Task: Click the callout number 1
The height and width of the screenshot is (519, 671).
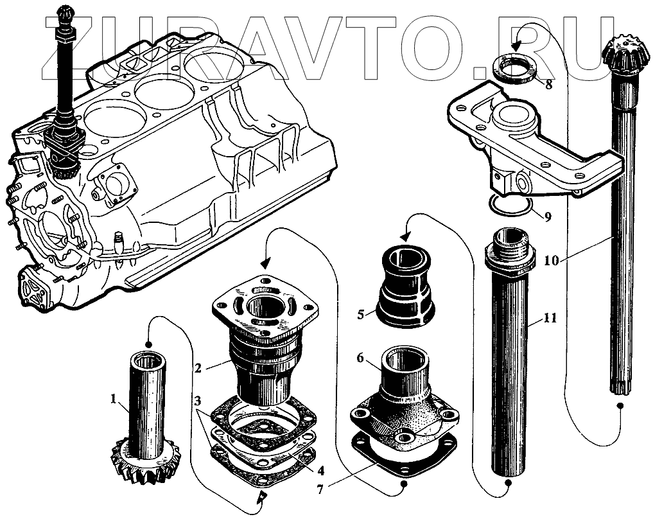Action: point(114,400)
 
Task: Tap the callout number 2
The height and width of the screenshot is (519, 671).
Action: point(198,367)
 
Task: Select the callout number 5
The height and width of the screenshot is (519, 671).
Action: point(361,315)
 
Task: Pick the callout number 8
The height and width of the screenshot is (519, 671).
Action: point(548,84)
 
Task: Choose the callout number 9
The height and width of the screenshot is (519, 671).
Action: point(547,217)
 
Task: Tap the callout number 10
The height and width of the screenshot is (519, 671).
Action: point(550,261)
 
